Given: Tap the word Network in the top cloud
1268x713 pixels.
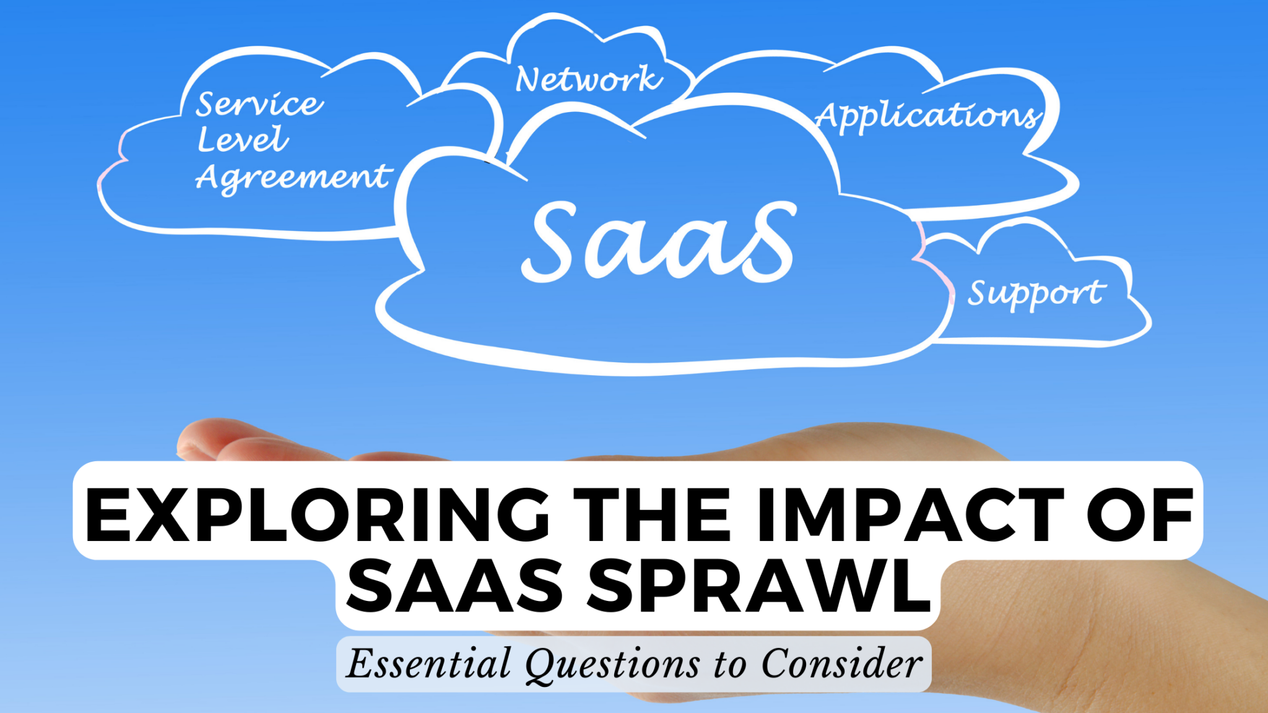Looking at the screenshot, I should click(x=588, y=79).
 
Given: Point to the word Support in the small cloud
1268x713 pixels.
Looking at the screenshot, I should click(x=1036, y=293).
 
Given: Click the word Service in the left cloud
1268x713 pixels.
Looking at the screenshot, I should click(x=259, y=104).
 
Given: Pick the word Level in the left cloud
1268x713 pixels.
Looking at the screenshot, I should click(x=242, y=140).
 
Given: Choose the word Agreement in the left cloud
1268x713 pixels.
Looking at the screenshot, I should click(x=293, y=178).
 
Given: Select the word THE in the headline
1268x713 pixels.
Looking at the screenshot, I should click(x=653, y=515).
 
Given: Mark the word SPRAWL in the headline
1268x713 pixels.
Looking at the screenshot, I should click(x=760, y=586).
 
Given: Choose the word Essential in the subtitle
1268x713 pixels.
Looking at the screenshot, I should click(x=428, y=664).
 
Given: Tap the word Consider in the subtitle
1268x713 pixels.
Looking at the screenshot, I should click(x=841, y=664).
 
